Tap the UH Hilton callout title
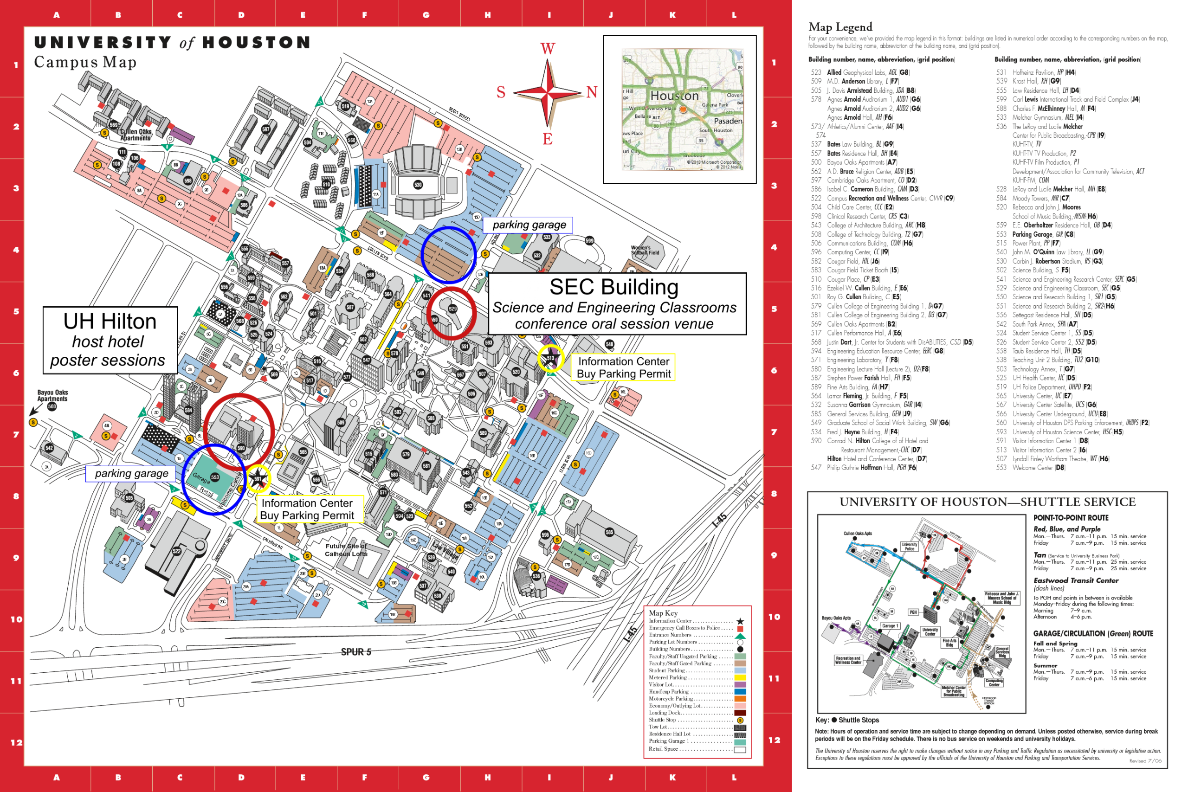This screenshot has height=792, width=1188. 110,321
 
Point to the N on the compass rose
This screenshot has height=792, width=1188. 592,92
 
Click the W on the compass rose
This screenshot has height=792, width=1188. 548,49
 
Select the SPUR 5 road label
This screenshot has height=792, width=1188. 355,651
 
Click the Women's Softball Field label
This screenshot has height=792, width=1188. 645,250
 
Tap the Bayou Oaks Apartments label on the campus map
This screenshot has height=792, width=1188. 52,395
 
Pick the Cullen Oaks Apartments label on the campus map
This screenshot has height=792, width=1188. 136,135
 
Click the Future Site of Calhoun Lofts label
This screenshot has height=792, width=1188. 346,550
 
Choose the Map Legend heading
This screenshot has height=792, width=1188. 840,27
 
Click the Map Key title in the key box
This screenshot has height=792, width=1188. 663,613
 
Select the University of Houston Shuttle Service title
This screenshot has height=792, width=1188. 987,502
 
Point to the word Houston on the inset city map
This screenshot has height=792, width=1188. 674,96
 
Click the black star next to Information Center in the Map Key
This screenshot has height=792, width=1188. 740,621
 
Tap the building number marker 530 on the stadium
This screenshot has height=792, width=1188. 418,185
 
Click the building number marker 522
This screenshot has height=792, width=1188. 176,551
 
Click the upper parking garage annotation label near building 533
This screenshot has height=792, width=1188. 529,225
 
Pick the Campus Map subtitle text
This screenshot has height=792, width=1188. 85,62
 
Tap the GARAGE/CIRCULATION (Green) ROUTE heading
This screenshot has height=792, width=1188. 1092,633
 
